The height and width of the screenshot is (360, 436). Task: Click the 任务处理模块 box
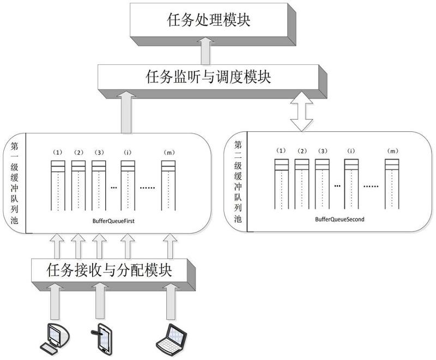pyautogui.click(x=210, y=20)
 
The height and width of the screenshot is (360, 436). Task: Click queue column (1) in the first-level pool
pyautogui.click(x=58, y=185)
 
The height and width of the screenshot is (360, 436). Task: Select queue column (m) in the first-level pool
pyautogui.click(x=168, y=185)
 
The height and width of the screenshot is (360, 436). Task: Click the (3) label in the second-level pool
pyautogui.click(x=322, y=150)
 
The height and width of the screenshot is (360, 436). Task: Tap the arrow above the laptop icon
pyautogui.click(x=169, y=305)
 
